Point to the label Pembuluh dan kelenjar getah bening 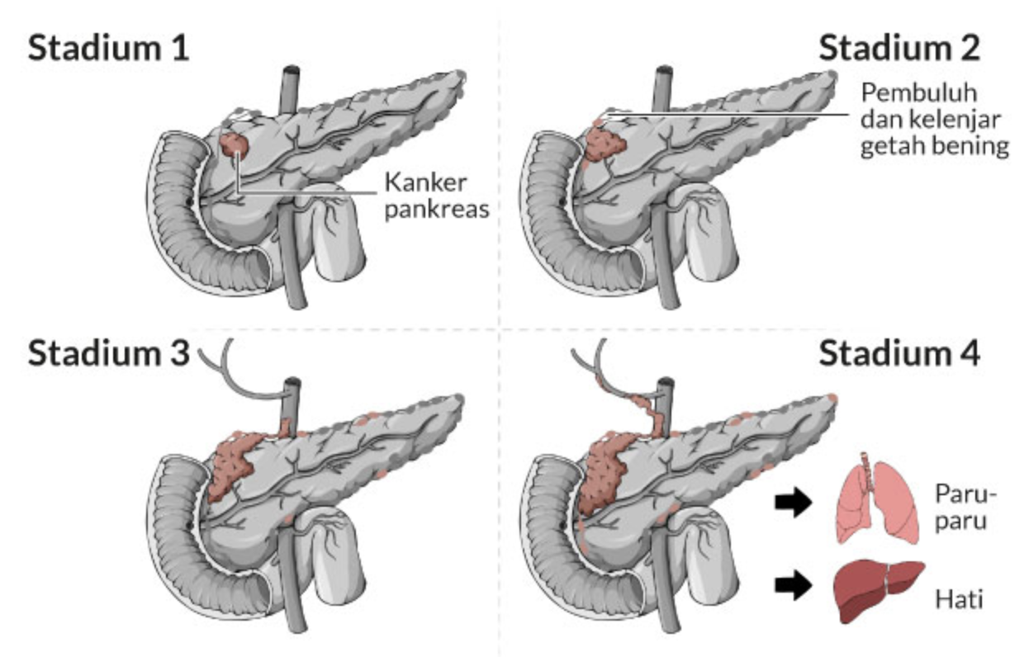[x=933, y=120]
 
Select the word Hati [x=959, y=598]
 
